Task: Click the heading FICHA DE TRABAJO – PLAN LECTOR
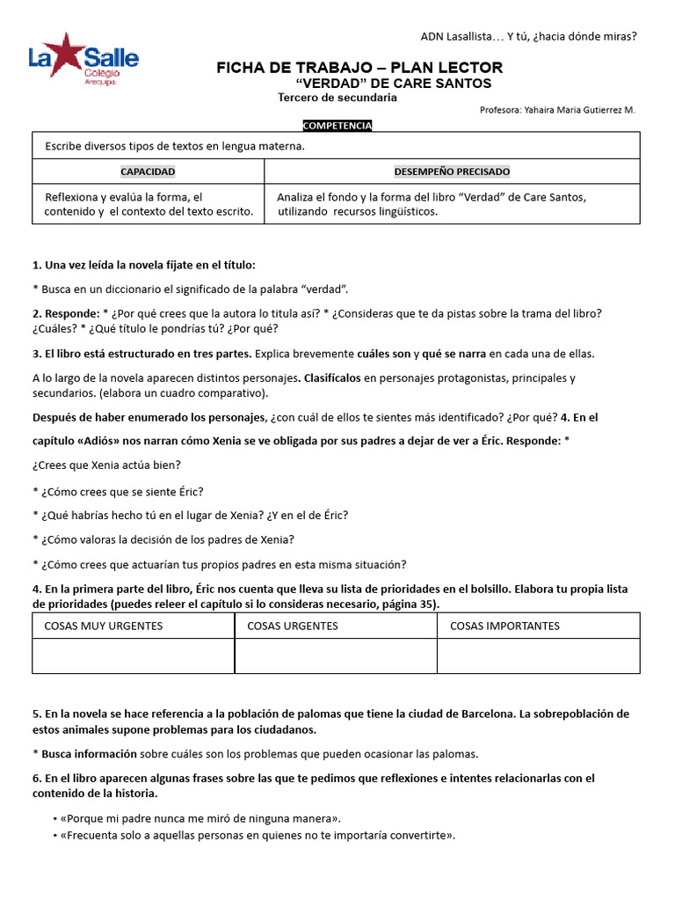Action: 359,68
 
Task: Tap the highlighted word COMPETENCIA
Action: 337,126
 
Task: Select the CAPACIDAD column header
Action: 148,172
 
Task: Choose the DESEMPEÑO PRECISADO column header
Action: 452,172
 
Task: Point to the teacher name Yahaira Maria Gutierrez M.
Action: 557,110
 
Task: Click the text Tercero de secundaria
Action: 337,98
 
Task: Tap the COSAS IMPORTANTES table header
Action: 504,626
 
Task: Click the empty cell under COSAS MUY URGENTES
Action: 134,656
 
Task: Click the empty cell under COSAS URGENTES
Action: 336,656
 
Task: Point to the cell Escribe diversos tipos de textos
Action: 175,146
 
